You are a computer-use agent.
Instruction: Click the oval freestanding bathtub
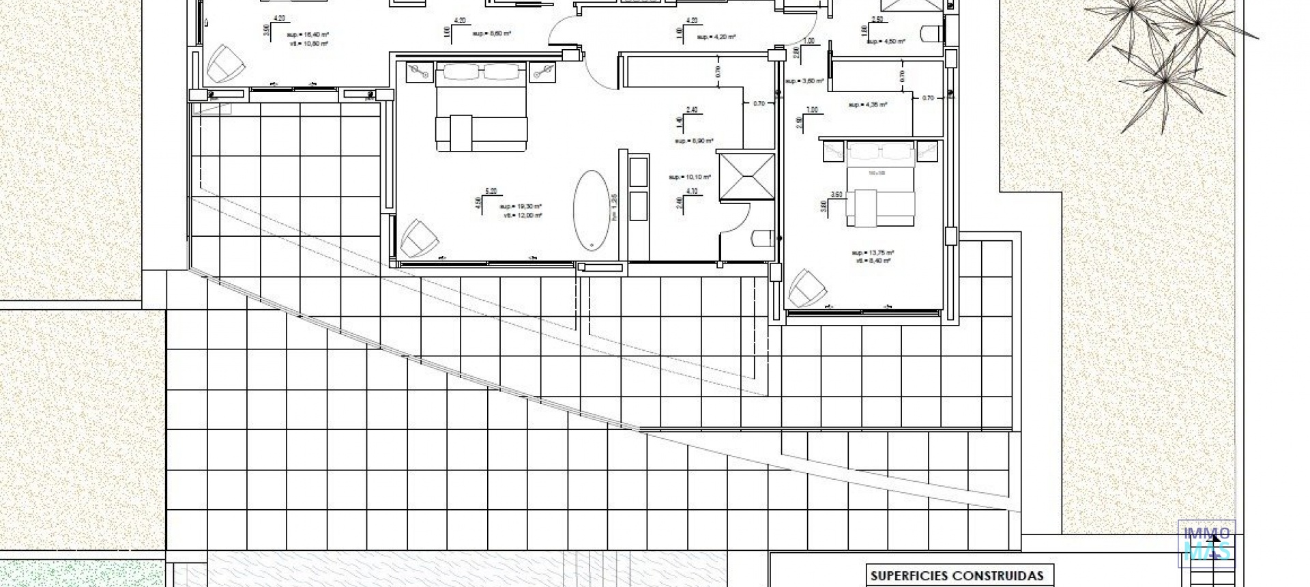click(592, 210)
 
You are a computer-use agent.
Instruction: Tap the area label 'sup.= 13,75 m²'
click(873, 252)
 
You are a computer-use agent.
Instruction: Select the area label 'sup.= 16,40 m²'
click(303, 33)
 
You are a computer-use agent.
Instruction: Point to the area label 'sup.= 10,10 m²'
click(690, 177)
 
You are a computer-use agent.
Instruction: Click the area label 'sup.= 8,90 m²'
click(695, 141)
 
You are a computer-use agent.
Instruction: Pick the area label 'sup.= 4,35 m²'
click(867, 105)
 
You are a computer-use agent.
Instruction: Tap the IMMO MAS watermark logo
click(1206, 541)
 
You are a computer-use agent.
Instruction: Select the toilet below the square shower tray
click(761, 238)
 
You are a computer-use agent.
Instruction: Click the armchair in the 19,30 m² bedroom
click(416, 238)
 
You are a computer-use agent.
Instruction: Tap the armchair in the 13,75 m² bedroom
click(806, 287)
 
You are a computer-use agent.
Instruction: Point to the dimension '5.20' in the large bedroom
click(491, 191)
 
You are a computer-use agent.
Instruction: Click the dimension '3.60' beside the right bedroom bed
click(836, 194)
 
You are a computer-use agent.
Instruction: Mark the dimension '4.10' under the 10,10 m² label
click(692, 192)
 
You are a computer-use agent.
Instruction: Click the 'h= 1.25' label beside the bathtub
click(614, 207)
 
